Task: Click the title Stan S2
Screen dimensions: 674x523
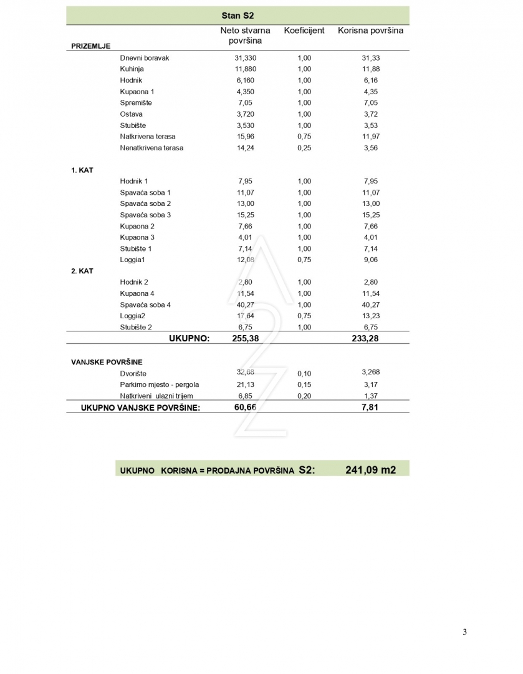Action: tap(238, 15)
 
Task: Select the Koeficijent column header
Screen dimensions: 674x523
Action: tap(304, 30)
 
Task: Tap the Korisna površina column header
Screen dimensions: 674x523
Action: tap(370, 30)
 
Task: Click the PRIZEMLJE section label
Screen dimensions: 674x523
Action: tap(90, 46)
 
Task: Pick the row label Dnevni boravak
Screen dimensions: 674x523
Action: tap(145, 58)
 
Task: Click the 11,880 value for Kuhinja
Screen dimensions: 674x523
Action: tap(245, 69)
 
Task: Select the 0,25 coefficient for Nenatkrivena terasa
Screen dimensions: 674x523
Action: tap(304, 148)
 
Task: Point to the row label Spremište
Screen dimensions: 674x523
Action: tap(136, 103)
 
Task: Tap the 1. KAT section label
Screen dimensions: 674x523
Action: tap(82, 170)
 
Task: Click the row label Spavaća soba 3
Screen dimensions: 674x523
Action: tap(145, 215)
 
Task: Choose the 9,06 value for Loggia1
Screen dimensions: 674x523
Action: tap(370, 260)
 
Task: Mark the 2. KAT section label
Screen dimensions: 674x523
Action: tap(82, 271)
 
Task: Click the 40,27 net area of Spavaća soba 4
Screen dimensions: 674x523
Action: tap(245, 305)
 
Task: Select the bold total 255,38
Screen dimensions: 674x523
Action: tap(245, 338)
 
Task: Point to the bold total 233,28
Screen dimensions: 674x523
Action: tap(370, 338)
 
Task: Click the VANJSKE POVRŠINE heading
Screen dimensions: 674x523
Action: tap(107, 362)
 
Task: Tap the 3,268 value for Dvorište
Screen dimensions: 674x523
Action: tap(370, 372)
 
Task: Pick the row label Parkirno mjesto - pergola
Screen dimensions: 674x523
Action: tap(160, 384)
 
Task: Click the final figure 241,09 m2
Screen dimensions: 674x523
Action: tap(370, 470)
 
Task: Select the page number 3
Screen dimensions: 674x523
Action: tap(464, 632)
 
